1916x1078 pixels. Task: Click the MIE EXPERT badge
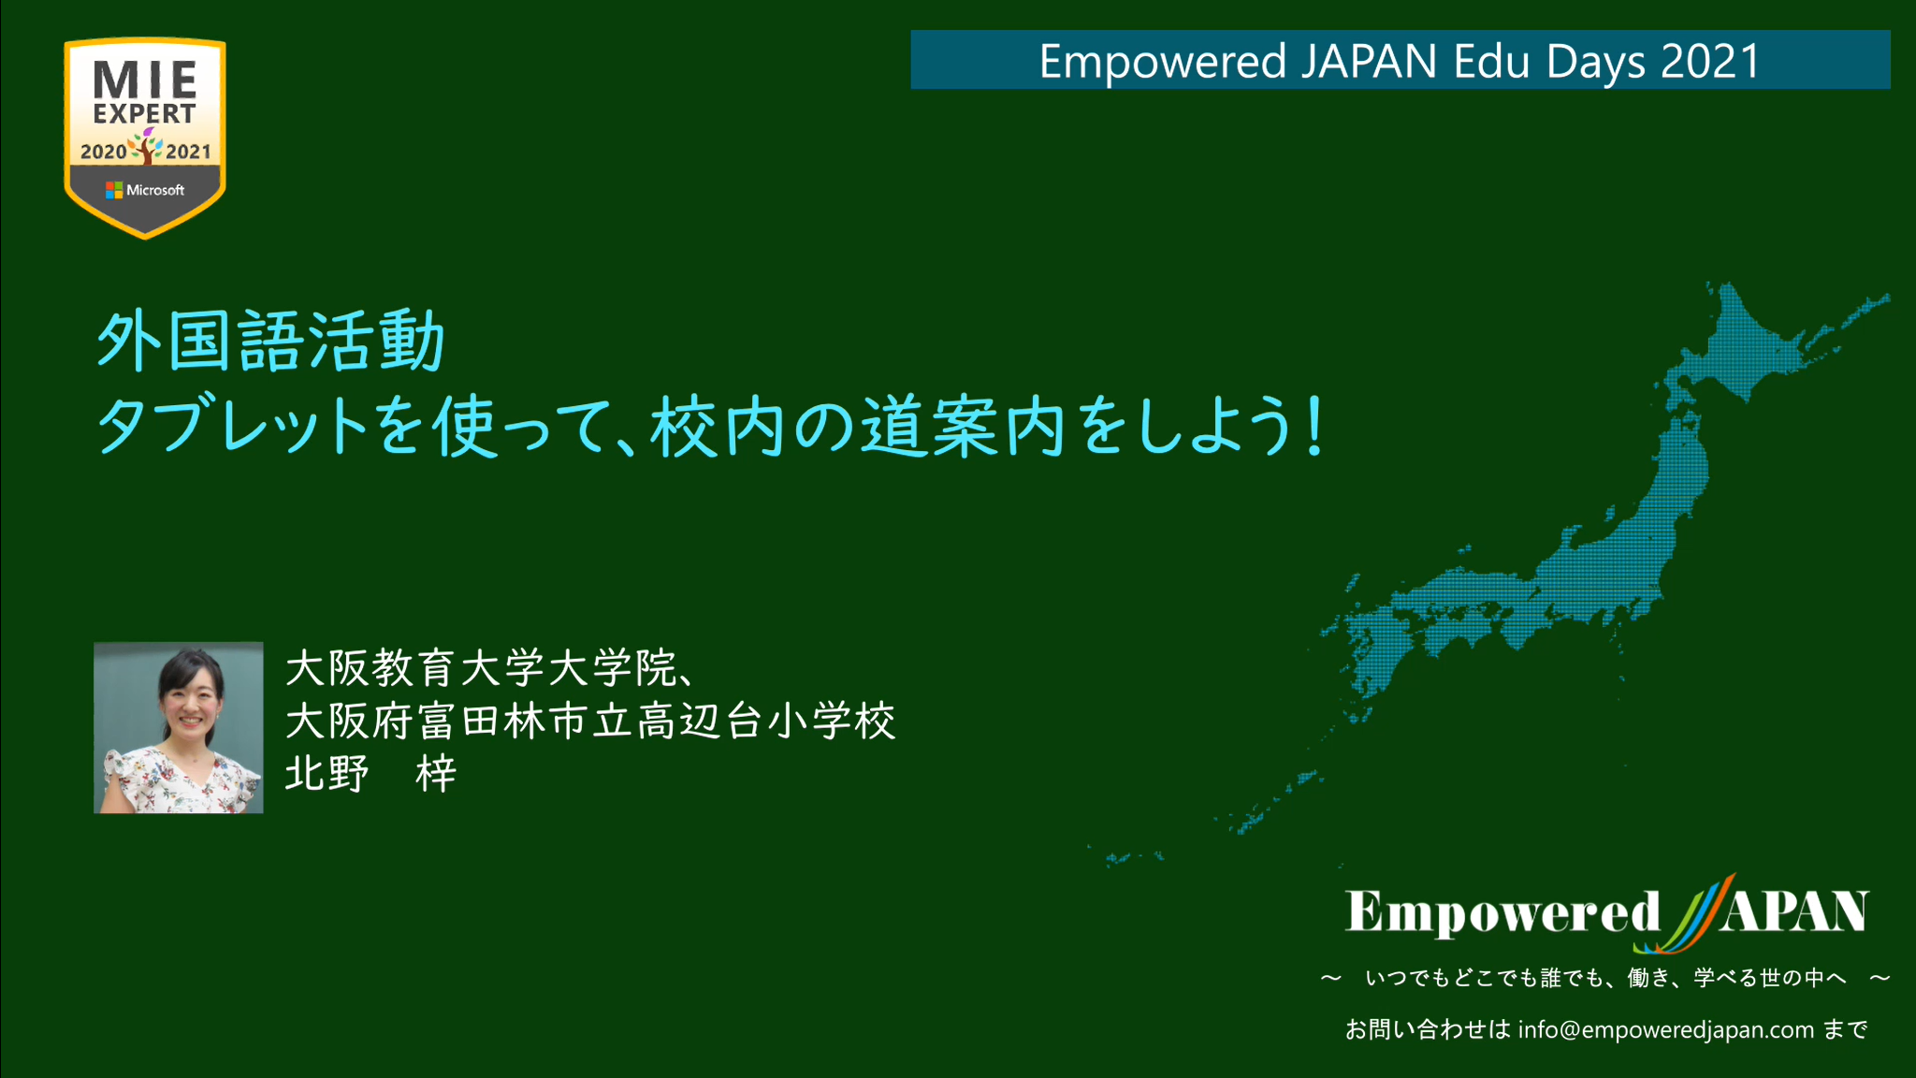(x=145, y=138)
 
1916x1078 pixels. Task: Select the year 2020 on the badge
(x=103, y=152)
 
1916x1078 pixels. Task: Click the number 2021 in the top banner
(x=1711, y=62)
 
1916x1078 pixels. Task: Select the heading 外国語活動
(x=270, y=342)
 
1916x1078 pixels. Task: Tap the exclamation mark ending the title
(x=1315, y=426)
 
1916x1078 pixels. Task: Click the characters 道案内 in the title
(x=964, y=426)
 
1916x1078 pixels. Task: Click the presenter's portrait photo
(x=179, y=727)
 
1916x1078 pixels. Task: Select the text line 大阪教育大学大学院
(x=481, y=668)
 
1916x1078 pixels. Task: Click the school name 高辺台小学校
(x=766, y=721)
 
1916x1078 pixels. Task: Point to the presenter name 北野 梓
(x=370, y=774)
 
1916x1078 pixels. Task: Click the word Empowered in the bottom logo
(x=1502, y=912)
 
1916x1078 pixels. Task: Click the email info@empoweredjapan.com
(x=1666, y=1030)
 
